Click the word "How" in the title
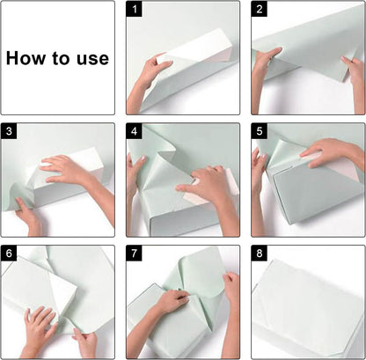coord(26,58)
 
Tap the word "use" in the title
coord(93,59)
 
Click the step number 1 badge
coord(134,9)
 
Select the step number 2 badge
coord(260,9)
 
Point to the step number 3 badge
coord(9,131)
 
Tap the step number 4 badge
coord(134,131)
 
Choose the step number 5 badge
coord(260,131)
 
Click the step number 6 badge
coord(9,253)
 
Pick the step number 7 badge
coord(134,253)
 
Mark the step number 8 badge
coord(260,253)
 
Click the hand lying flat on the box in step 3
coord(73,173)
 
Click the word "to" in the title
coord(62,58)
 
